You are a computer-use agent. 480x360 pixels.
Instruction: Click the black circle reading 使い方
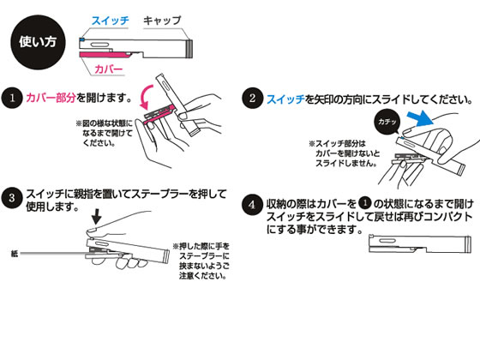tap(38, 42)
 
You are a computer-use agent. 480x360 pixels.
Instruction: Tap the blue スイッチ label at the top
tap(111, 21)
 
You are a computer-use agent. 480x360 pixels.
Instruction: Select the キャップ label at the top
tap(162, 21)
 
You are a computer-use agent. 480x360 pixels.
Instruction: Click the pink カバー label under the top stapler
tap(109, 69)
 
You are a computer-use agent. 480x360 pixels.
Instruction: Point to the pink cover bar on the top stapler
tap(105, 55)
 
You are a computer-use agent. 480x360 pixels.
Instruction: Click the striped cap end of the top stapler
tap(189, 49)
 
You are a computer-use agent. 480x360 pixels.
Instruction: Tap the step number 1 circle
tap(12, 98)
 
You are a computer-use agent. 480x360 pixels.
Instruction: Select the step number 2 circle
tap(252, 98)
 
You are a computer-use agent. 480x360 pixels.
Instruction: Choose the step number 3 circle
tap(12, 198)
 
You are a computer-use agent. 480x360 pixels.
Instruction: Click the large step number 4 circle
tap(252, 205)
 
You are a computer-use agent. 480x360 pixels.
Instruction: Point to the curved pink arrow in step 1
tap(147, 96)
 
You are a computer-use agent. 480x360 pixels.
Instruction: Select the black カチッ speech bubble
tap(387, 122)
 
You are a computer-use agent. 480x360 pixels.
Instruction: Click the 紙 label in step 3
tap(14, 254)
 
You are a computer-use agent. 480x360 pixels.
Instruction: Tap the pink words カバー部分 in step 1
tap(51, 98)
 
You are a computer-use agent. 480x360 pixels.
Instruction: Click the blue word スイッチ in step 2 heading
tap(286, 99)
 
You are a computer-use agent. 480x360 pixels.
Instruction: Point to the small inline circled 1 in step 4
tap(365, 202)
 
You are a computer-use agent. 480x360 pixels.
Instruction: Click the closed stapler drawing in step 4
tap(420, 244)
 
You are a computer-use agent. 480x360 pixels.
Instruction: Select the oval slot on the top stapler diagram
tap(99, 45)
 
